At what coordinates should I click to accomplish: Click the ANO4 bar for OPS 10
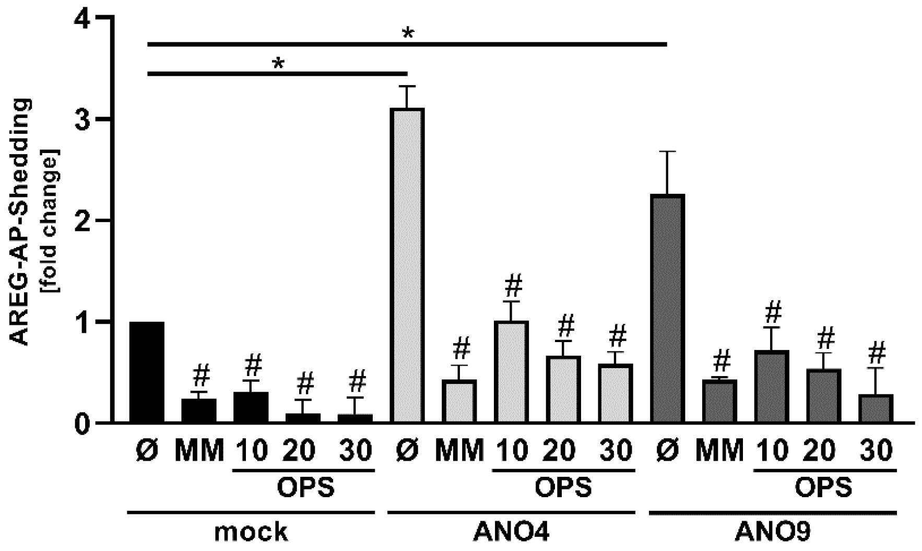pyautogui.click(x=512, y=372)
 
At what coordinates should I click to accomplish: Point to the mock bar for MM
pyautogui.click(x=199, y=411)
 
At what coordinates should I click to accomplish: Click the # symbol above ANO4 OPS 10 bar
pyautogui.click(x=513, y=286)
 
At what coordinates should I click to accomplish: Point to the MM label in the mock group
pyautogui.click(x=199, y=451)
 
